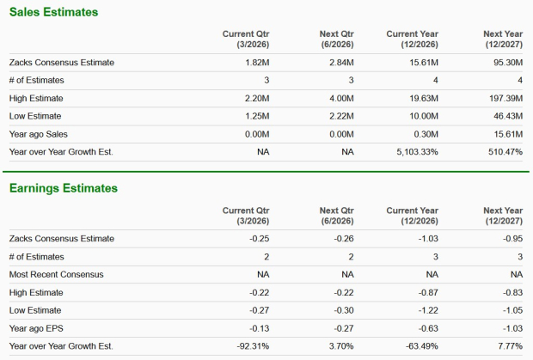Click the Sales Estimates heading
point(53,13)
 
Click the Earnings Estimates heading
point(63,188)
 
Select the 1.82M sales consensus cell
point(258,63)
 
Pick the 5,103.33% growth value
point(412,152)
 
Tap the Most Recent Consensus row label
point(56,274)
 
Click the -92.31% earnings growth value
point(254,345)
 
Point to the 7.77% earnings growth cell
point(509,345)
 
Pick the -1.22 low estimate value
point(427,310)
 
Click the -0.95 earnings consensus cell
point(512,238)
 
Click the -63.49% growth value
point(420,345)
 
